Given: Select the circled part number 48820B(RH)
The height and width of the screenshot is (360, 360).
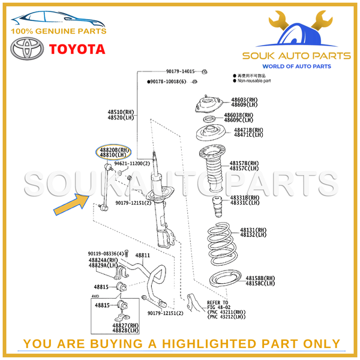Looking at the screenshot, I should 115,150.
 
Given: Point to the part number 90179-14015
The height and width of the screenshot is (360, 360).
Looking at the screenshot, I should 181,71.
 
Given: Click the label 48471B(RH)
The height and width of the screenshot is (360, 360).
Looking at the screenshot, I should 248,130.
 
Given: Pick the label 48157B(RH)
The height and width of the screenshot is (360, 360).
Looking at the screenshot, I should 245,163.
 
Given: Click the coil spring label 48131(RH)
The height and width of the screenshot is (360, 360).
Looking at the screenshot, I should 253,230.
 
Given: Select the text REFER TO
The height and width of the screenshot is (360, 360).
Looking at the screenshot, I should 217,302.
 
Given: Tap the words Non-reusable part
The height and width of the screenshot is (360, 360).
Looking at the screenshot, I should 254,80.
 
